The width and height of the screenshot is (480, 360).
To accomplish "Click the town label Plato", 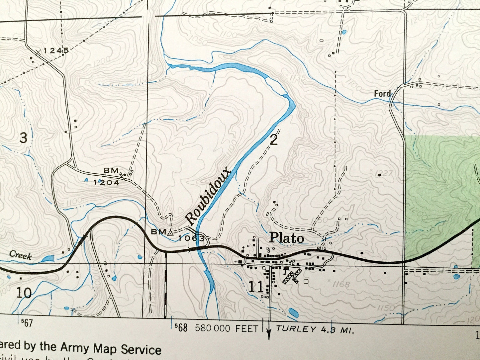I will [286, 238].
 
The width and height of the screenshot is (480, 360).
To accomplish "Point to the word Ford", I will [382, 94].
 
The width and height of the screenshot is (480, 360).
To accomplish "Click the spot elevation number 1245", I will [56, 50].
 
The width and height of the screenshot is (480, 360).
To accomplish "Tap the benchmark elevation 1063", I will [191, 238].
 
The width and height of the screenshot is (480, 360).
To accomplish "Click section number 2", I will [274, 140].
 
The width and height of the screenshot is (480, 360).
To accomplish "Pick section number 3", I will [23, 137].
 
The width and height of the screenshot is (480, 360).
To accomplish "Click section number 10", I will [24, 293].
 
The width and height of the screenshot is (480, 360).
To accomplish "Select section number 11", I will [256, 287].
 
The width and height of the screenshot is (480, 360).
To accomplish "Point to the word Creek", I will [20, 255].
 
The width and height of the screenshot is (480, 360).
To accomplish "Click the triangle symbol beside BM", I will [170, 233].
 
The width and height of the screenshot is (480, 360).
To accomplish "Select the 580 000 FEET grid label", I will [227, 328].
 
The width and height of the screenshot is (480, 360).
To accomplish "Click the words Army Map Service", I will [111, 349].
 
